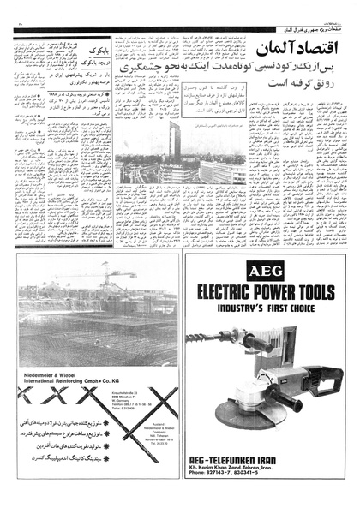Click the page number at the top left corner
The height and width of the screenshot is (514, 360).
pyautogui.click(x=16, y=9)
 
